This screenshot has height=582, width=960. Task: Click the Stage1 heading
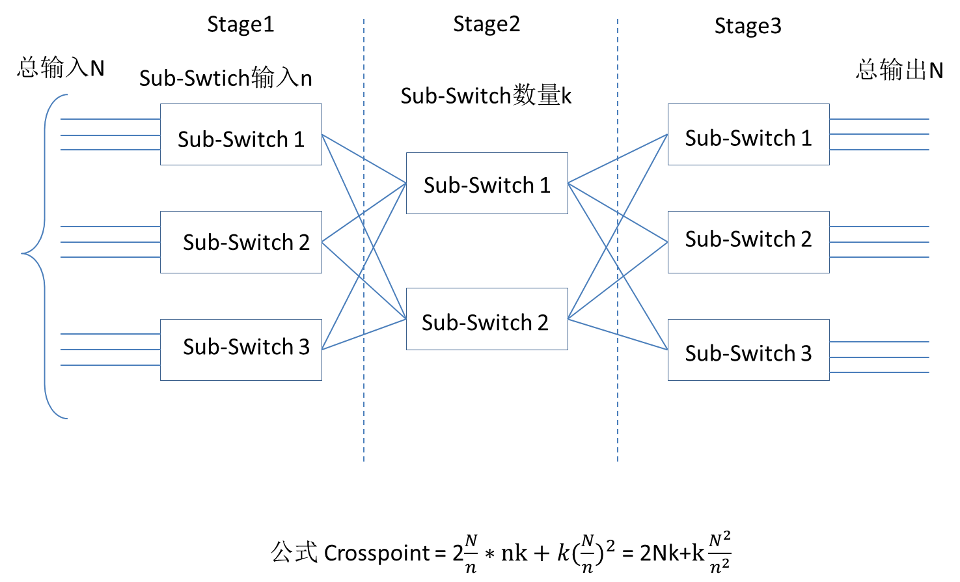[x=240, y=25]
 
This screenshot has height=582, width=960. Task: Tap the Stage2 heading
[x=486, y=25]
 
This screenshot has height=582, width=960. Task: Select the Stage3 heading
[x=747, y=26]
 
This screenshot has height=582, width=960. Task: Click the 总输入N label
[x=61, y=68]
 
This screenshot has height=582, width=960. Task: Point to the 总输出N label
[x=899, y=70]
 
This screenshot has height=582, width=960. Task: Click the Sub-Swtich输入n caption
[x=225, y=78]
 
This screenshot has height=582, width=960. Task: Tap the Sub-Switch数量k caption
[x=486, y=96]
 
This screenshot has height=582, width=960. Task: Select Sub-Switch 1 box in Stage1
[x=241, y=135]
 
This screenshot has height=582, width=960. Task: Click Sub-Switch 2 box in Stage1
[x=241, y=242]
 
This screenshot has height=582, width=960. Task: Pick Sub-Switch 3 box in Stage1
[x=241, y=350]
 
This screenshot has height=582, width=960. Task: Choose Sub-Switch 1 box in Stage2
[x=487, y=184]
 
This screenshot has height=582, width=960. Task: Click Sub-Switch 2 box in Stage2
[x=487, y=319]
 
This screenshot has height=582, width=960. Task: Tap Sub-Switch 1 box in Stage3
[x=748, y=135]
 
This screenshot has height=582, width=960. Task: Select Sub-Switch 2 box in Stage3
[x=748, y=242]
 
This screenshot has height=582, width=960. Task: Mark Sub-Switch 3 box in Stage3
[x=748, y=350]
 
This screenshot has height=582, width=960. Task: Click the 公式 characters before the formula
[x=294, y=553]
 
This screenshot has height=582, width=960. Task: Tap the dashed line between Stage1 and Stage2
[x=363, y=404]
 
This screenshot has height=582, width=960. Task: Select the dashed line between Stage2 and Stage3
[x=617, y=404]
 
